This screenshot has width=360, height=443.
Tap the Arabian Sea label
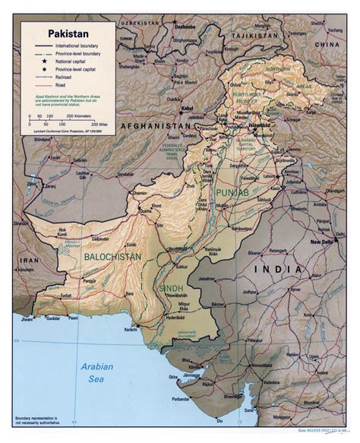[x=96, y=372]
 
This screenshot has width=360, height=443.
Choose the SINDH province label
[x=172, y=290]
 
